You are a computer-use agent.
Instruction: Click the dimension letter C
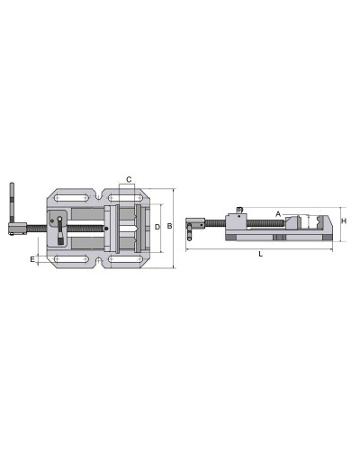[x=129, y=180]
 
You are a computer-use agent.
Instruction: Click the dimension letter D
[x=157, y=227]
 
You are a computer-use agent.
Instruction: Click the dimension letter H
[x=346, y=220]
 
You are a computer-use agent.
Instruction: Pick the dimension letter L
[x=260, y=256]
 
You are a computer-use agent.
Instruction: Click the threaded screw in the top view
[x=81, y=229]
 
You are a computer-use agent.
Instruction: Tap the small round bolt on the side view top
[x=238, y=211]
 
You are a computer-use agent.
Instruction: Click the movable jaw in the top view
[x=110, y=229]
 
